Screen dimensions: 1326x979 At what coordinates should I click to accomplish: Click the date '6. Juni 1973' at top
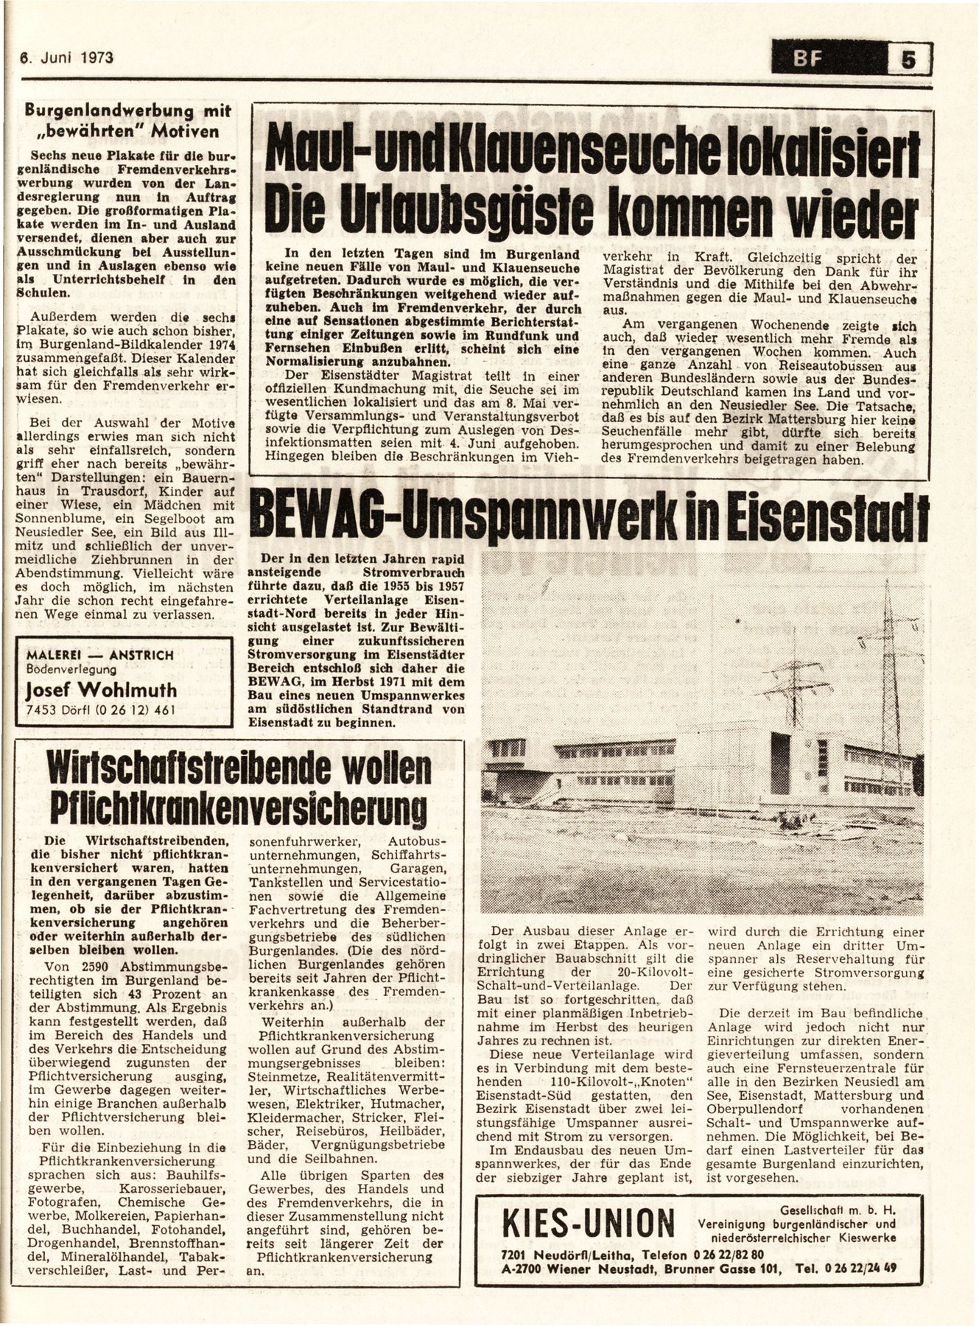tap(66, 57)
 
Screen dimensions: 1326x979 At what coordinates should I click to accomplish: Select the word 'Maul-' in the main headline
tap(316, 151)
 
